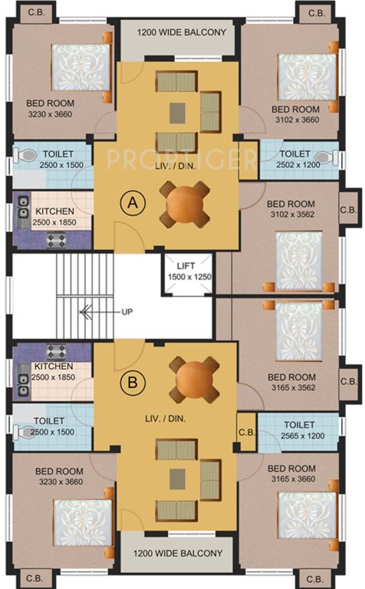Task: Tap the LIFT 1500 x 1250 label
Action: tap(187, 271)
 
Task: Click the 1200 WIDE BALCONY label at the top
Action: tap(181, 32)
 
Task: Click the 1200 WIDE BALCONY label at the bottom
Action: tap(181, 553)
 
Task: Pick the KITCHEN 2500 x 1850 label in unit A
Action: tap(54, 216)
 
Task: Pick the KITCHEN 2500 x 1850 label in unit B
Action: tap(54, 372)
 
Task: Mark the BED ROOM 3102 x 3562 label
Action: tap(291, 209)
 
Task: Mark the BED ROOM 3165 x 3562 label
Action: tap(291, 382)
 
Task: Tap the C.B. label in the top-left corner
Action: tap(34, 12)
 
